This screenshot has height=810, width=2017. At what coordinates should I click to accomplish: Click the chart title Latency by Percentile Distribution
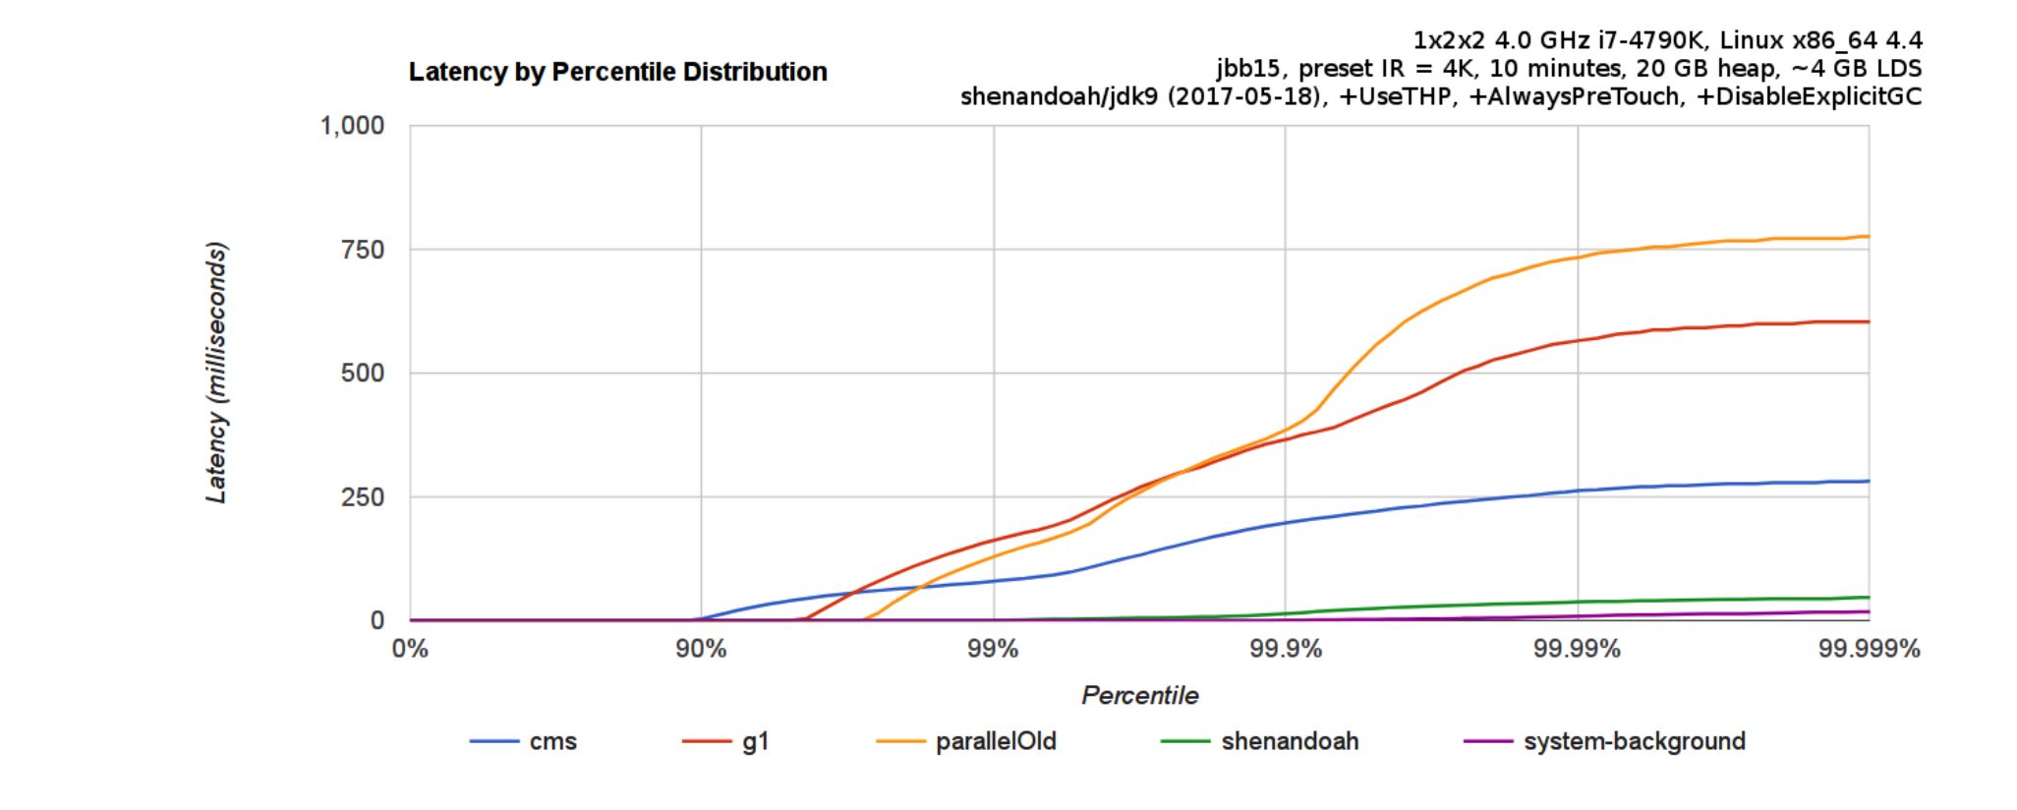(x=617, y=72)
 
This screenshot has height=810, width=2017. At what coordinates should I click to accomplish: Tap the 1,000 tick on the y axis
(x=352, y=126)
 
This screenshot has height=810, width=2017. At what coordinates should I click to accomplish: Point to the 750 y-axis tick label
(x=363, y=250)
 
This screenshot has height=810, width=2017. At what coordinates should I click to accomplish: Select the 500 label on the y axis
(x=363, y=374)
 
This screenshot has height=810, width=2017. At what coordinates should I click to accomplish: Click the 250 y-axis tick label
(x=363, y=497)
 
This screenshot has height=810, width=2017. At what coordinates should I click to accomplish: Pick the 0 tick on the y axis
(x=377, y=620)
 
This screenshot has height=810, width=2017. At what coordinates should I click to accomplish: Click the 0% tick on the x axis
(x=410, y=649)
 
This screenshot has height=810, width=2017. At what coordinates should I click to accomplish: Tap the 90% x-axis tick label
(x=701, y=649)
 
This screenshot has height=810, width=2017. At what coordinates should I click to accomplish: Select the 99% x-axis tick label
(x=993, y=649)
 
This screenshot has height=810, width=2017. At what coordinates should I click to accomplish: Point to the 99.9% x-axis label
(x=1285, y=649)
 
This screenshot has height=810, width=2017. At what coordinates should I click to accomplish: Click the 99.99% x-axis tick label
(x=1577, y=649)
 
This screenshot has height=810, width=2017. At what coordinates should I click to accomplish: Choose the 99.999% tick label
(x=1869, y=649)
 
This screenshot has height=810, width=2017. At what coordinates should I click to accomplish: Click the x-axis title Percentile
(x=1139, y=696)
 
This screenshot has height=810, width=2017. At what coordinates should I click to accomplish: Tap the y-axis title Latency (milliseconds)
(x=216, y=373)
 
